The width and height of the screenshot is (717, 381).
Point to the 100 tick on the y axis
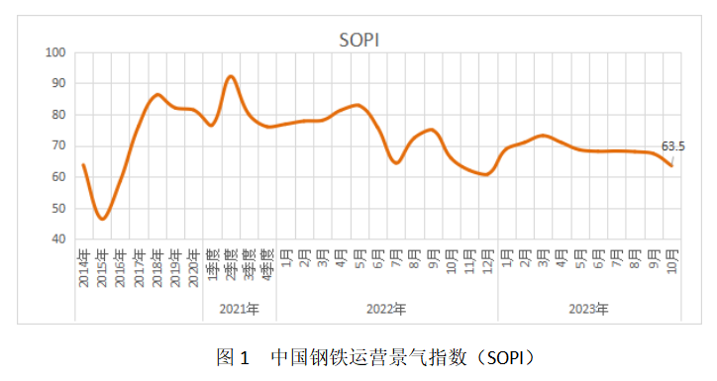click(x=55, y=52)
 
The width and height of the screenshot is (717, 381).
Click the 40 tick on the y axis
click(x=58, y=239)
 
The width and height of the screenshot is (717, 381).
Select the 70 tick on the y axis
click(x=58, y=145)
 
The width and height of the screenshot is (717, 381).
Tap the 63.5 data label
click(x=673, y=147)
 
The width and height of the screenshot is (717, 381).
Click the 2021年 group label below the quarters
click(x=240, y=310)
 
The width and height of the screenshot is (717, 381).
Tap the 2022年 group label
click(x=386, y=310)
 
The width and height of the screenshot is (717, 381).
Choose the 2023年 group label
click(x=588, y=310)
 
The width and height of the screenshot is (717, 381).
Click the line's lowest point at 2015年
click(x=102, y=219)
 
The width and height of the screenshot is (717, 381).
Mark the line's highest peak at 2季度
click(x=231, y=76)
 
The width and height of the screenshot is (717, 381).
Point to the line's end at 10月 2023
click(x=671, y=165)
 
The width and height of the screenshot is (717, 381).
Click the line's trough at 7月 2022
click(x=396, y=163)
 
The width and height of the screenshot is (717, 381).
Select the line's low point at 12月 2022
click(x=485, y=174)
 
